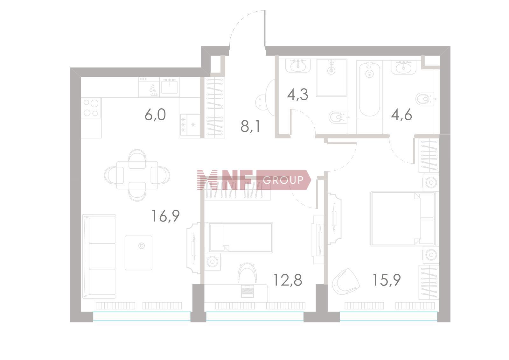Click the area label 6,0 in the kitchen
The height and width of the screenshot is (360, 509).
(155, 115)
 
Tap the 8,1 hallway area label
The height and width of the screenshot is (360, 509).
(250, 126)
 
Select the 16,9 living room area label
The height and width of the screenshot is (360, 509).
(165, 216)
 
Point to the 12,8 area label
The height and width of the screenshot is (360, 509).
(288, 280)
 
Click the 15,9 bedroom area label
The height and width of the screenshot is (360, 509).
(387, 280)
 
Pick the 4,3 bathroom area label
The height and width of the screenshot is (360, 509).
(298, 95)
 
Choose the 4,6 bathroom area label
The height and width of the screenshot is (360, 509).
(401, 115)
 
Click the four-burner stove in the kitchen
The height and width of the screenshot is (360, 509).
(91, 108)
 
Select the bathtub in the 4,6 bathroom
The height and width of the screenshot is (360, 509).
(369, 89)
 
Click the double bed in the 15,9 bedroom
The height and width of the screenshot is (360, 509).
(403, 219)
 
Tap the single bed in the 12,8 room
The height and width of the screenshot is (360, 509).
(241, 238)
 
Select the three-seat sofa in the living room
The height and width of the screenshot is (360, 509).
(99, 256)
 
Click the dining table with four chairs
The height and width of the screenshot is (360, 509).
(137, 175)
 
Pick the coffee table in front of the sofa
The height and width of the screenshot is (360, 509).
(138, 253)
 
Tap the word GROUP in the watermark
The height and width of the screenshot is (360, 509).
(283, 180)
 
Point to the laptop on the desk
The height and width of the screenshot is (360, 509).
(247, 291)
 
